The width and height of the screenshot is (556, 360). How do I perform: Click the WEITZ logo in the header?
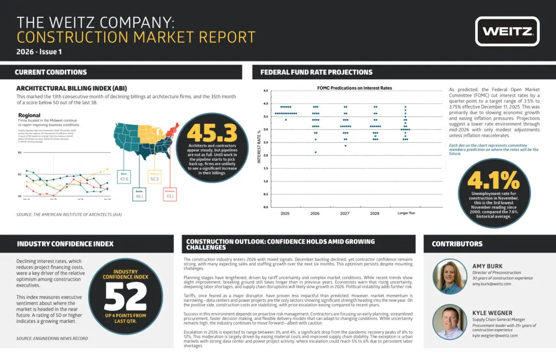[507, 31]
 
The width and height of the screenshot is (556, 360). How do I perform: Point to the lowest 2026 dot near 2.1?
[315, 153]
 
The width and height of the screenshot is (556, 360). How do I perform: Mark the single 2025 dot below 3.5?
[286, 119]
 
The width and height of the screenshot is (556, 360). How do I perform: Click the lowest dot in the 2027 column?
[345, 146]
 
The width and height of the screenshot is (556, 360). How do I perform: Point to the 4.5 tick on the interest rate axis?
[266, 91]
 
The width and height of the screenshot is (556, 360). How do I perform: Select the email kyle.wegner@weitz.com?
[495, 336]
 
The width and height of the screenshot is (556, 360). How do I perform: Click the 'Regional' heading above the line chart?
[29, 116]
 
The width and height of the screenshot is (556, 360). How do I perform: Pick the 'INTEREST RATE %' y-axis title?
[259, 146]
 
